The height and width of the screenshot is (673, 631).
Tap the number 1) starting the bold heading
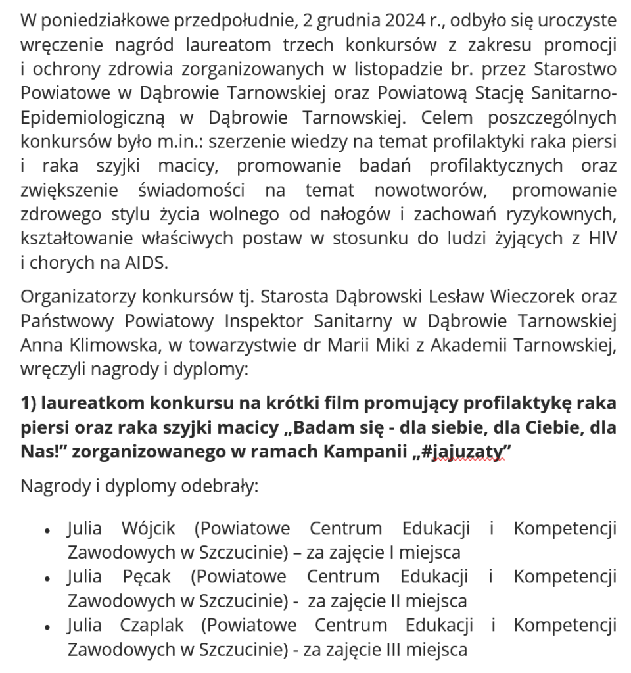31,402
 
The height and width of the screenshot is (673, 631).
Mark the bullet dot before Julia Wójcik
47,529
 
